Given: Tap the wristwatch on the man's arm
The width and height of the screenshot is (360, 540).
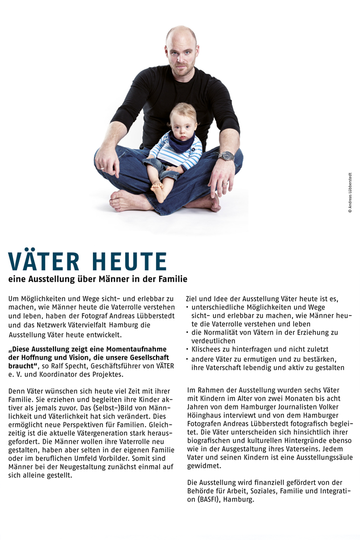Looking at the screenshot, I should click(x=227, y=156).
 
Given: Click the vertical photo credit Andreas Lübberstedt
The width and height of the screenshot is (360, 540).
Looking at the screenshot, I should click(x=350, y=192).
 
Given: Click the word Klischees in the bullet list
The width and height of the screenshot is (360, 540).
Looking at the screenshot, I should click(x=208, y=349).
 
